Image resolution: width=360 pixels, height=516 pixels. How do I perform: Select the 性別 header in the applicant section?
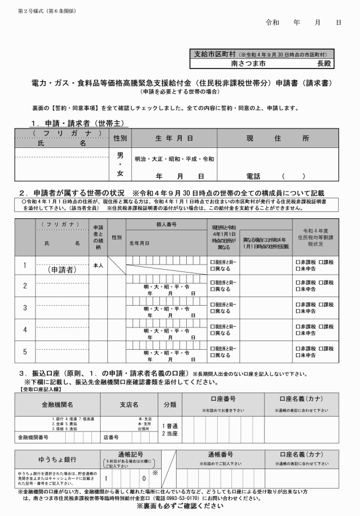[120, 138]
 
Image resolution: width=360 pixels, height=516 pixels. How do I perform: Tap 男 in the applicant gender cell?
[120, 155]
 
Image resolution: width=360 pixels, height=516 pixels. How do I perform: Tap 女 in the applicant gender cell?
[120, 173]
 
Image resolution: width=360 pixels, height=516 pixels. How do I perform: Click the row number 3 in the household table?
[25, 308]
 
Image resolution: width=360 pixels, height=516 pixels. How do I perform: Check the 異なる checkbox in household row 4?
[213, 333]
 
